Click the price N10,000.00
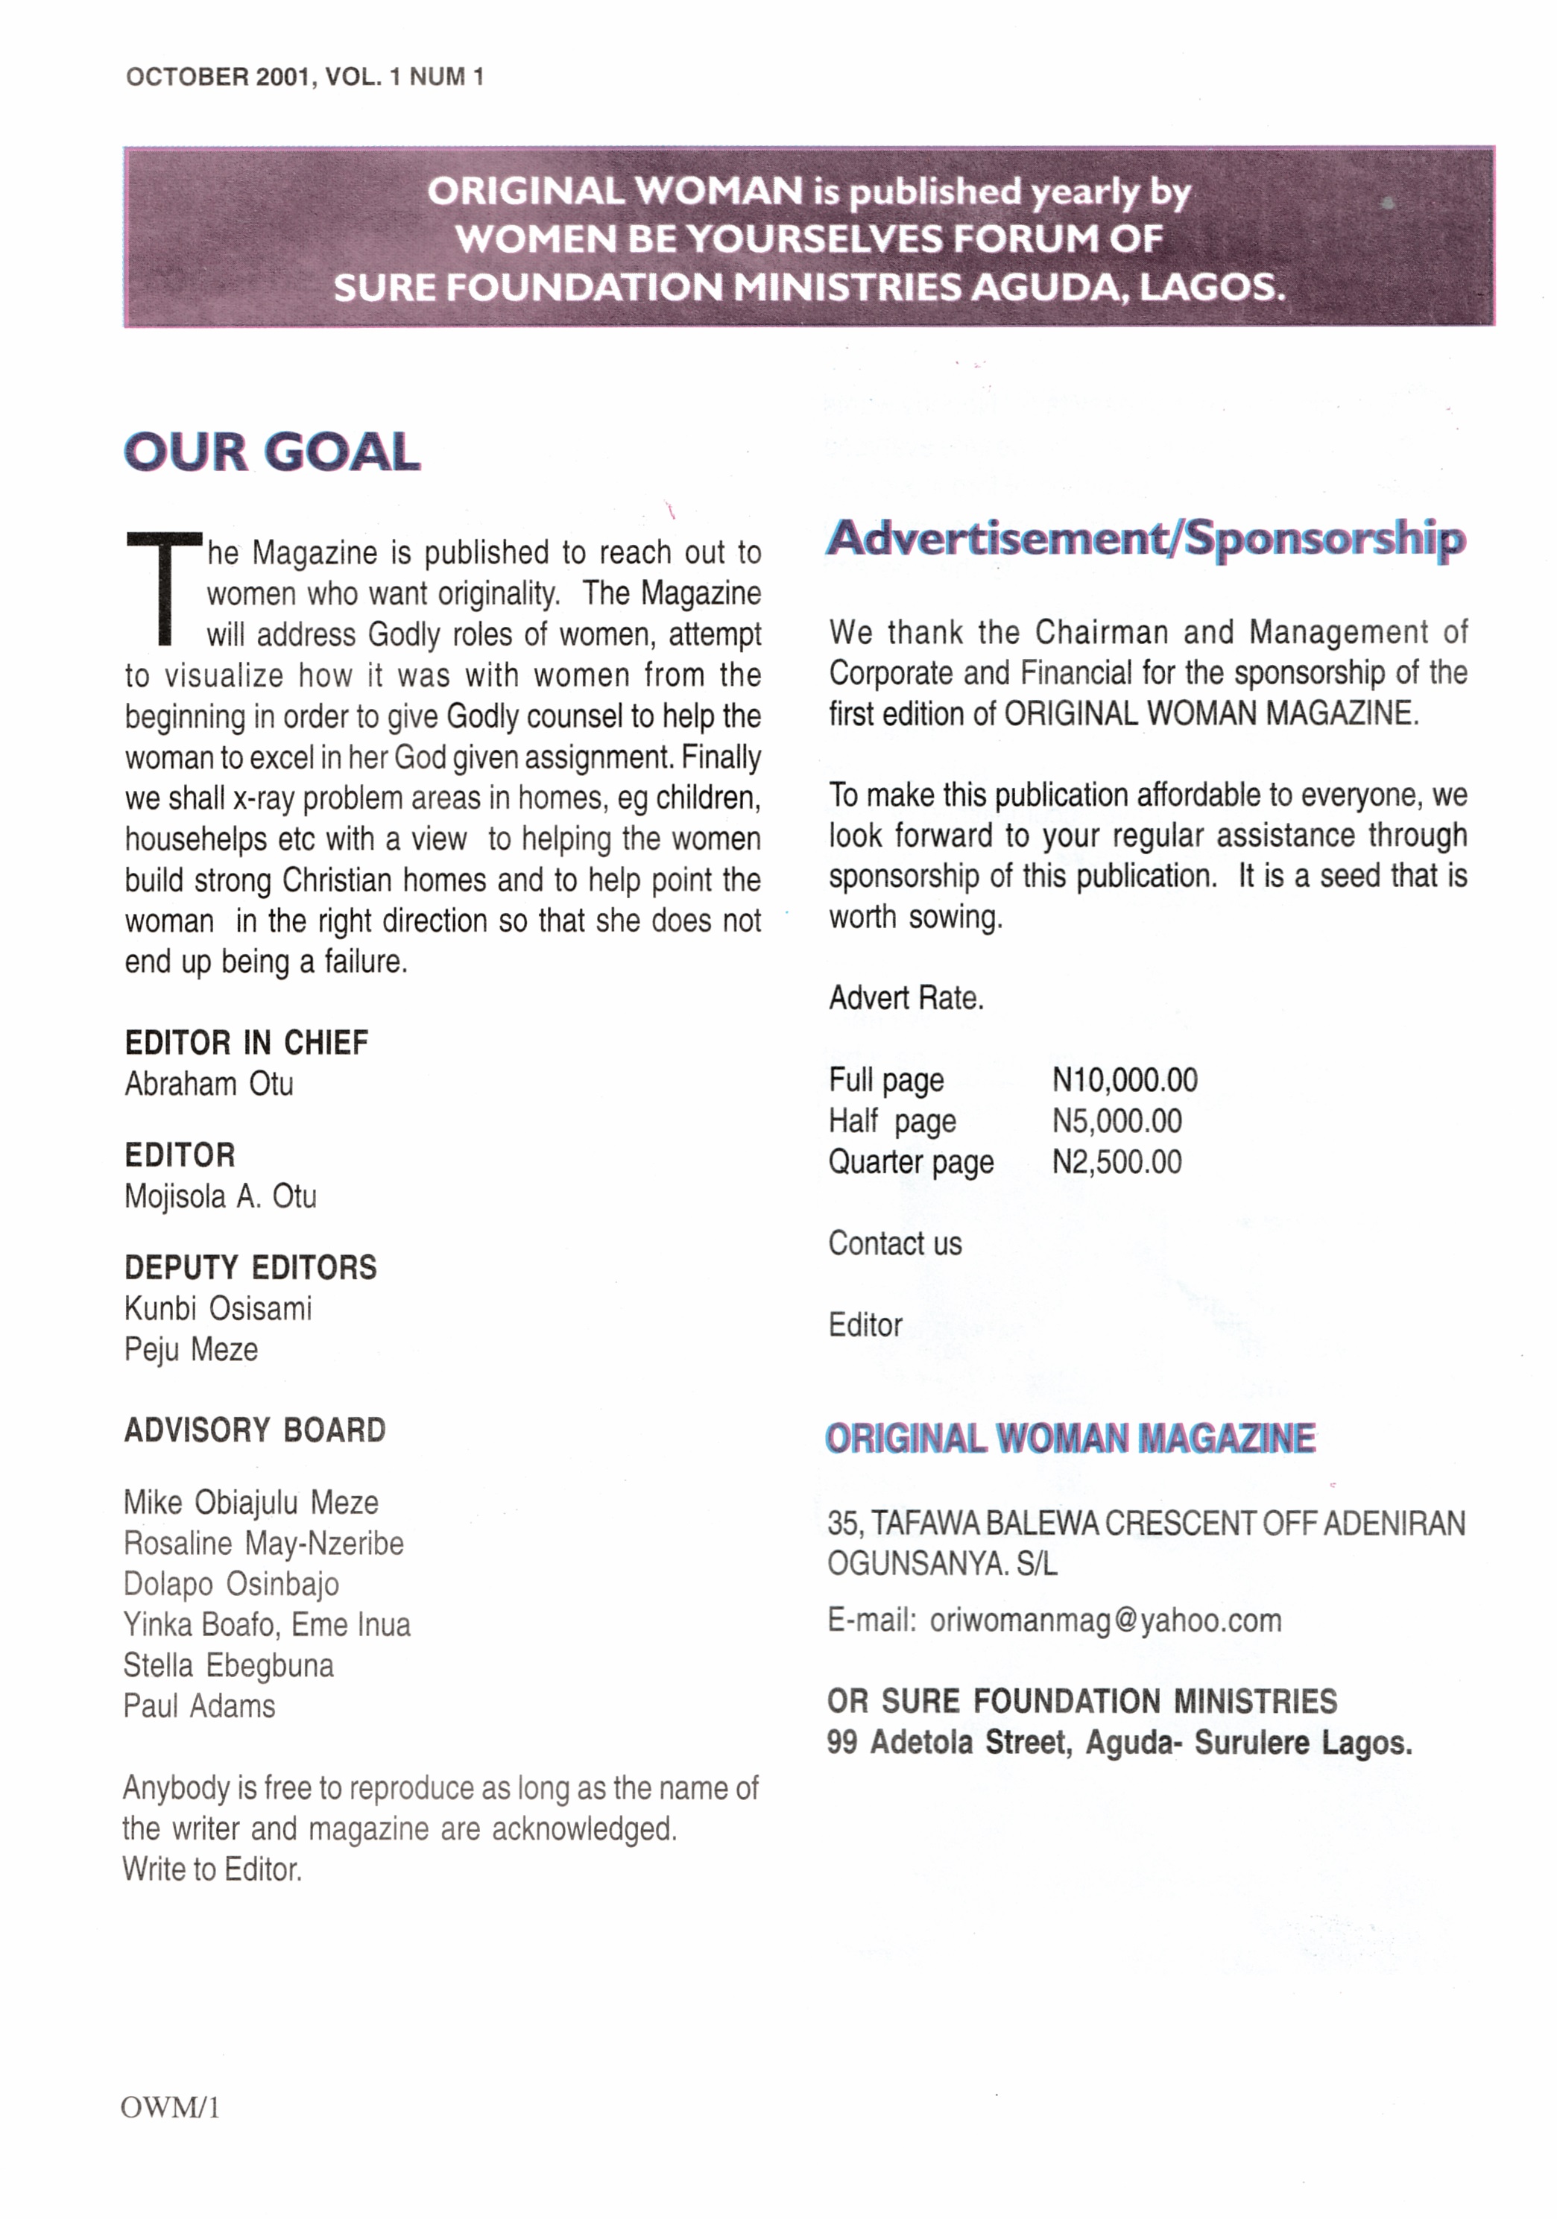click(x=1124, y=1079)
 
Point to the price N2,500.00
click(x=1117, y=1162)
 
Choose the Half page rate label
click(x=891, y=1121)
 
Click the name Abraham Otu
click(x=209, y=1085)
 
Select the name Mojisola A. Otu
click(x=221, y=1196)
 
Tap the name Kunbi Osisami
click(x=218, y=1309)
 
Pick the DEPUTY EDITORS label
click(x=250, y=1267)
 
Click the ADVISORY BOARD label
click(x=254, y=1430)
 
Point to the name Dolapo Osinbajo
click(x=231, y=1584)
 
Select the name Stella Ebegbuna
click(x=228, y=1665)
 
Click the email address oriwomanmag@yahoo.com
click(x=1105, y=1620)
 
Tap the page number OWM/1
click(x=170, y=2108)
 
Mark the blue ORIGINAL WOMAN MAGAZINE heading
click(x=1070, y=1438)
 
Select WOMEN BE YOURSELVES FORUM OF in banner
click(x=808, y=239)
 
